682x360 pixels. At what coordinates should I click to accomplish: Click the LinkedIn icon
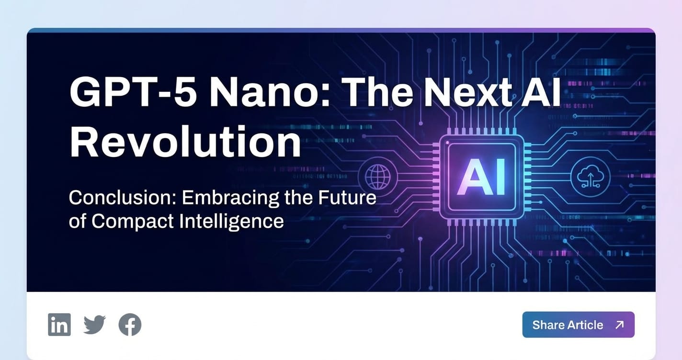(x=59, y=325)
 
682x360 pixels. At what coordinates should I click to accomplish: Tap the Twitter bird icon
(x=95, y=325)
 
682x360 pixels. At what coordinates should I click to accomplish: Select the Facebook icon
(x=130, y=325)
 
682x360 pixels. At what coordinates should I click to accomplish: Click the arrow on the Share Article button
(x=619, y=325)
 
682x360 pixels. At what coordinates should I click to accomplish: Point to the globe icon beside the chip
(x=377, y=177)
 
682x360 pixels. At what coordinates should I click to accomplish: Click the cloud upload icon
(x=590, y=177)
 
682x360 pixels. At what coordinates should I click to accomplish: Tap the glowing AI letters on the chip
(x=482, y=178)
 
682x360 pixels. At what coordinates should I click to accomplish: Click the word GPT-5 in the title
(x=133, y=91)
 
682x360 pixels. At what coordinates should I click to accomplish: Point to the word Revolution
(x=185, y=141)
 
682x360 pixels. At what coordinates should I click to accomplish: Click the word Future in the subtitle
(x=347, y=198)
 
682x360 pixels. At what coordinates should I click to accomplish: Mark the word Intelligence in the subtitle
(x=232, y=222)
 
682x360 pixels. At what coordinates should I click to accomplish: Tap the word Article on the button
(x=585, y=325)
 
